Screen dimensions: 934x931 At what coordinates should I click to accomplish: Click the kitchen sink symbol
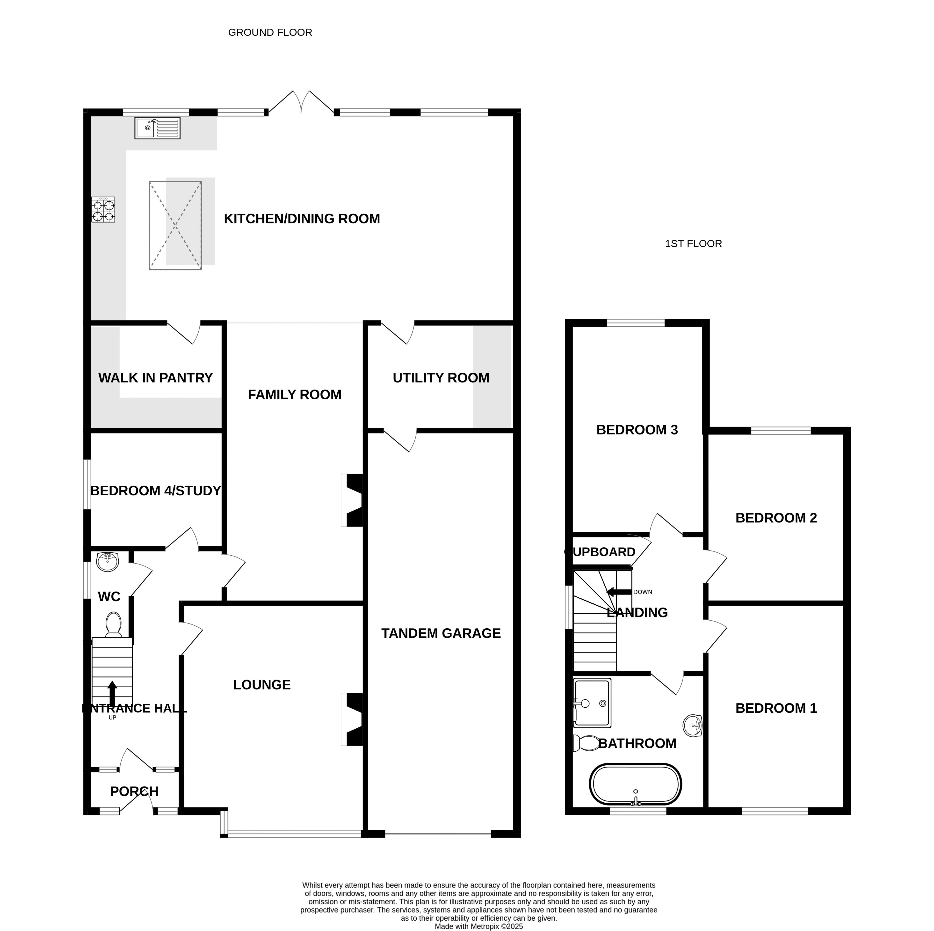[157, 128]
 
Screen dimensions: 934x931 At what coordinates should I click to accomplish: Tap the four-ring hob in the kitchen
[103, 209]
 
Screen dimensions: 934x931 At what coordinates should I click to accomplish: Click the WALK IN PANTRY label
[156, 378]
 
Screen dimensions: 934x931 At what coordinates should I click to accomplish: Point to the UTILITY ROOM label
[441, 378]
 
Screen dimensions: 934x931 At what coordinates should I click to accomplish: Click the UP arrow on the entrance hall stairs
[112, 694]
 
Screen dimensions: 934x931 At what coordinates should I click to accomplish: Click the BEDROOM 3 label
[637, 430]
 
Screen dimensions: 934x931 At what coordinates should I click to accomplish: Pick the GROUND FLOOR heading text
[270, 32]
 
